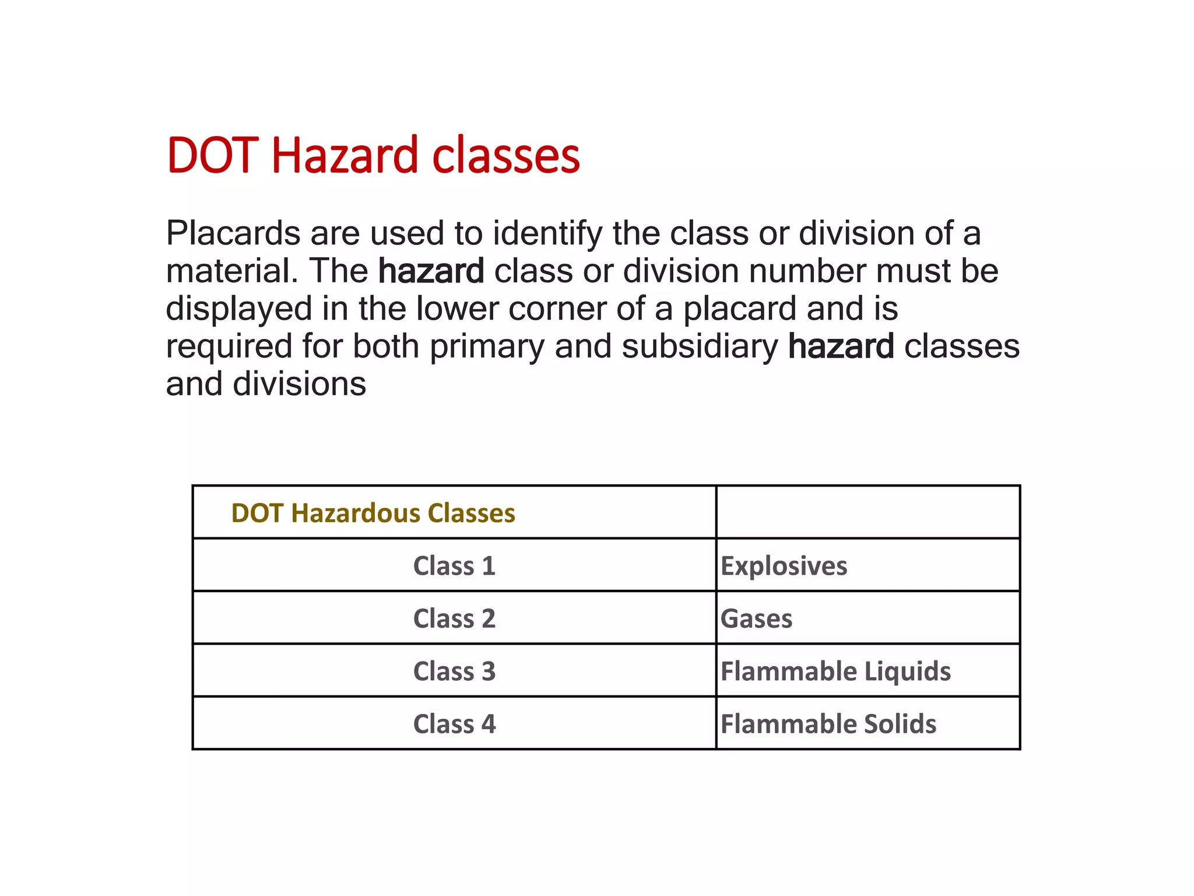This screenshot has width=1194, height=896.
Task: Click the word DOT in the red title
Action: (x=213, y=156)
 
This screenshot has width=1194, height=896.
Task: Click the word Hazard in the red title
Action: (x=345, y=156)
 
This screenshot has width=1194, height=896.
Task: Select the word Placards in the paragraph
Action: (x=233, y=233)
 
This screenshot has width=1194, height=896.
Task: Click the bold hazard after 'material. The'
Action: (x=431, y=271)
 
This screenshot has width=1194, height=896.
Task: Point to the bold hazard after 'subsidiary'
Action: (x=841, y=346)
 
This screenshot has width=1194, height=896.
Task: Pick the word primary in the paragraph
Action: (x=487, y=346)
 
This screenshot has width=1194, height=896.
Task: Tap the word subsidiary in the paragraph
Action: (x=700, y=346)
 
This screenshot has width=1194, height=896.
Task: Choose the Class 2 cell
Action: (x=454, y=618)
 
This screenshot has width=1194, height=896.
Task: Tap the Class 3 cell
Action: (x=454, y=671)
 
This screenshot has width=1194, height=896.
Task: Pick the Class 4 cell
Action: (x=454, y=724)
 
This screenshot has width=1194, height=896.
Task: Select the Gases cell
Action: (x=756, y=618)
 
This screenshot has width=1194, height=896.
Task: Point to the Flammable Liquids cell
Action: (x=835, y=671)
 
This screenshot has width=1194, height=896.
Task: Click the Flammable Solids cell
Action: (x=828, y=724)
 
